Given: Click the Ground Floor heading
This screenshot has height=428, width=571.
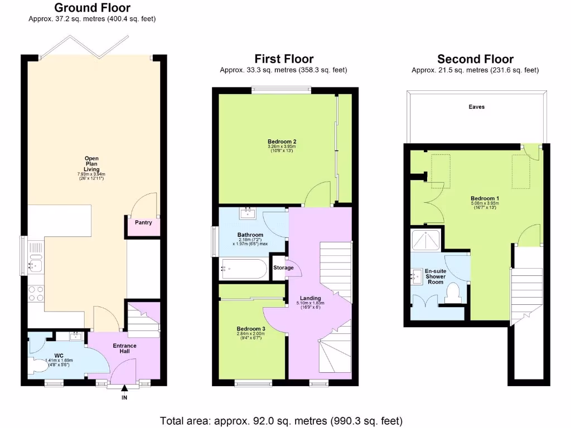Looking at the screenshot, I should point(92,8).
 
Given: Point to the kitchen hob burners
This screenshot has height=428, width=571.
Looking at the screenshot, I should point(36,293).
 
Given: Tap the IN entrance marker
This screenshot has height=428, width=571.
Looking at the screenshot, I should point(124,398).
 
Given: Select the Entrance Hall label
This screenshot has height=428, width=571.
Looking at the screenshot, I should point(124,349).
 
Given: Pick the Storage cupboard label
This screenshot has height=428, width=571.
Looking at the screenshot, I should point(283,268).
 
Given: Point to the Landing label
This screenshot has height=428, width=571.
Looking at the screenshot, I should point(311,298).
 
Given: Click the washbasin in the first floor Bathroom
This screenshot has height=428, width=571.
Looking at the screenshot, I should point(248,213).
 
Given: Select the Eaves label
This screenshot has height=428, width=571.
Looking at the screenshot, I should point(476,107).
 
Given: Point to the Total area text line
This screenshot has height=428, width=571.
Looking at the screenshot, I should point(281,421).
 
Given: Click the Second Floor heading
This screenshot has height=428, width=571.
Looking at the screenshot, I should point(475,59).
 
